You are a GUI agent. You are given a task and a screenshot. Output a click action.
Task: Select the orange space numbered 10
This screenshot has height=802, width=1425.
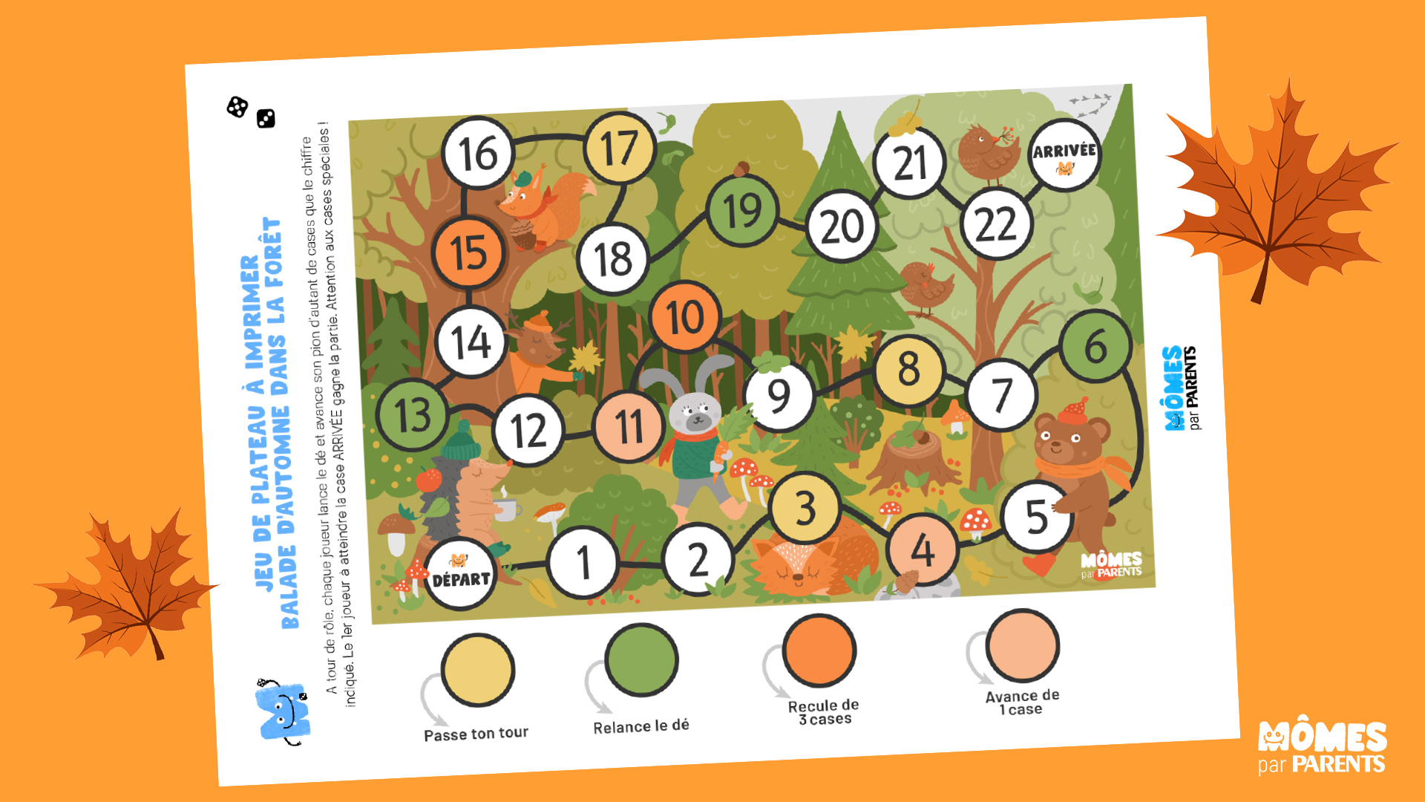[685, 317]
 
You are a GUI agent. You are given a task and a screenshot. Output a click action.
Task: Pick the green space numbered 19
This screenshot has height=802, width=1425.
[743, 211]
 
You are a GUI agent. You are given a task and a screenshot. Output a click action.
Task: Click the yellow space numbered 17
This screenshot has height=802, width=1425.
[620, 149]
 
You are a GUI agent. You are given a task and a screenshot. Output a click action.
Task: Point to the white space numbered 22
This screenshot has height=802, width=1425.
[996, 224]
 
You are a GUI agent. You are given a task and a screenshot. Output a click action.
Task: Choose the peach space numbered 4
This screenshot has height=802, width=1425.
[923, 550]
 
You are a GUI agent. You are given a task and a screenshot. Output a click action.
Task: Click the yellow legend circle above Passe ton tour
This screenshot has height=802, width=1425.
[477, 670]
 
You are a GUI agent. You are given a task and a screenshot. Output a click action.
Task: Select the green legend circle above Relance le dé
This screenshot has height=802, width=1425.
[641, 659]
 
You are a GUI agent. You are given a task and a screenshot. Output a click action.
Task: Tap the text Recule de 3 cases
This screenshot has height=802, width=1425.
[824, 712]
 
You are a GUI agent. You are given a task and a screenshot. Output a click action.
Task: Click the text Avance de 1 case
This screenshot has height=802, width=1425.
[1022, 702]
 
